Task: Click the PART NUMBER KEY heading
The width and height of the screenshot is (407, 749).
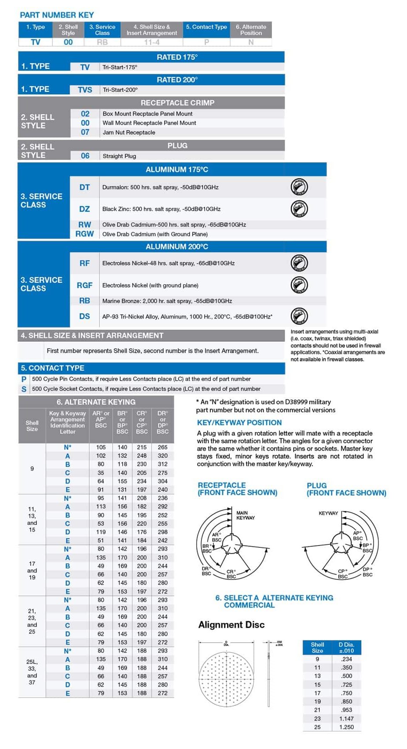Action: click(57, 15)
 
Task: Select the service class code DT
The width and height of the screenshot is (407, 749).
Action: click(84, 187)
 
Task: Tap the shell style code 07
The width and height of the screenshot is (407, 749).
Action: click(85, 132)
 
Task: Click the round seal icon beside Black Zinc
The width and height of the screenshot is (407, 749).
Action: click(299, 209)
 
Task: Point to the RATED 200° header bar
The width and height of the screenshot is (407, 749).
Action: click(177, 80)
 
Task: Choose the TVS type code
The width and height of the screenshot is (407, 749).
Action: click(85, 90)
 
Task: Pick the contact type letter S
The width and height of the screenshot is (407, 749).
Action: click(24, 389)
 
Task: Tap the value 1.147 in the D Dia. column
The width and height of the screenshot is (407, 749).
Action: click(346, 719)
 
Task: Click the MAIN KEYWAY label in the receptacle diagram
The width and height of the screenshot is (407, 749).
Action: click(245, 515)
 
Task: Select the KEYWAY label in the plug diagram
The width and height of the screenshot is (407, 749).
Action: click(328, 513)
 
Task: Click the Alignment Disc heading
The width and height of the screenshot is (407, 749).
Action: click(231, 625)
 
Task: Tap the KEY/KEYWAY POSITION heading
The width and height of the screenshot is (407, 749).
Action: click(239, 423)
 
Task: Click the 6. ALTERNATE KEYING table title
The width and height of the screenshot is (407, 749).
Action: click(96, 402)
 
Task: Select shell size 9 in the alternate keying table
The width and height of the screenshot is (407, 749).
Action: click(32, 469)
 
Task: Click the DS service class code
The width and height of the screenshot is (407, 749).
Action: click(84, 316)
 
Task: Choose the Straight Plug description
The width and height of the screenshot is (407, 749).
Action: click(119, 156)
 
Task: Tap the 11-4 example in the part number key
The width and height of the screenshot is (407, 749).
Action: click(152, 42)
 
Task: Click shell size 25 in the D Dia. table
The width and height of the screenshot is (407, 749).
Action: click(317, 727)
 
